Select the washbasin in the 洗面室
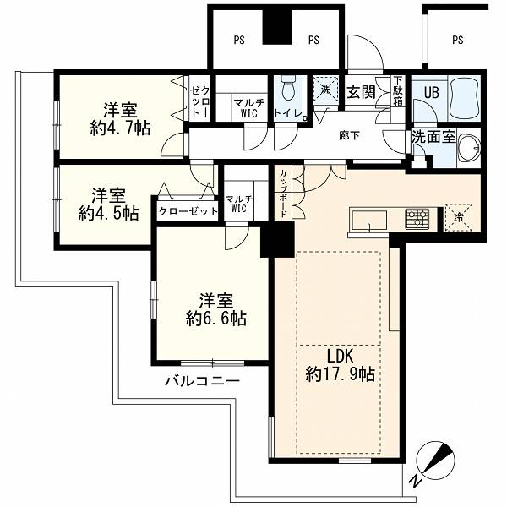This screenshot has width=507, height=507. click(470, 148)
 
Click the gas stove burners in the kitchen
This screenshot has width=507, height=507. click(417, 219)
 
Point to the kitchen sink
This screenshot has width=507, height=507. click(369, 221)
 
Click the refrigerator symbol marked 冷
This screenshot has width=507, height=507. click(459, 218)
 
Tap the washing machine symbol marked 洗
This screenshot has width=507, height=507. click(325, 90)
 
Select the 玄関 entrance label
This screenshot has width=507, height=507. click(361, 92)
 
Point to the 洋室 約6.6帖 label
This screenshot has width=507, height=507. click(216, 309)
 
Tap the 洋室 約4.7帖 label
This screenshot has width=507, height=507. click(120, 118)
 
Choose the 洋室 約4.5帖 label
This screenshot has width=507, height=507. click(109, 204)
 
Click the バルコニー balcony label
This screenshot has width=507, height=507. click(203, 381)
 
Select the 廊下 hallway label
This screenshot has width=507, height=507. click(349, 136)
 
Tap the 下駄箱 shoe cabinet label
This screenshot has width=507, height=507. click(398, 91)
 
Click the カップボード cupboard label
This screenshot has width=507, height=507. click(283, 193)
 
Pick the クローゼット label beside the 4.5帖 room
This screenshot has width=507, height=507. click(188, 212)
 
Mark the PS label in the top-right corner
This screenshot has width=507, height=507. click(457, 40)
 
